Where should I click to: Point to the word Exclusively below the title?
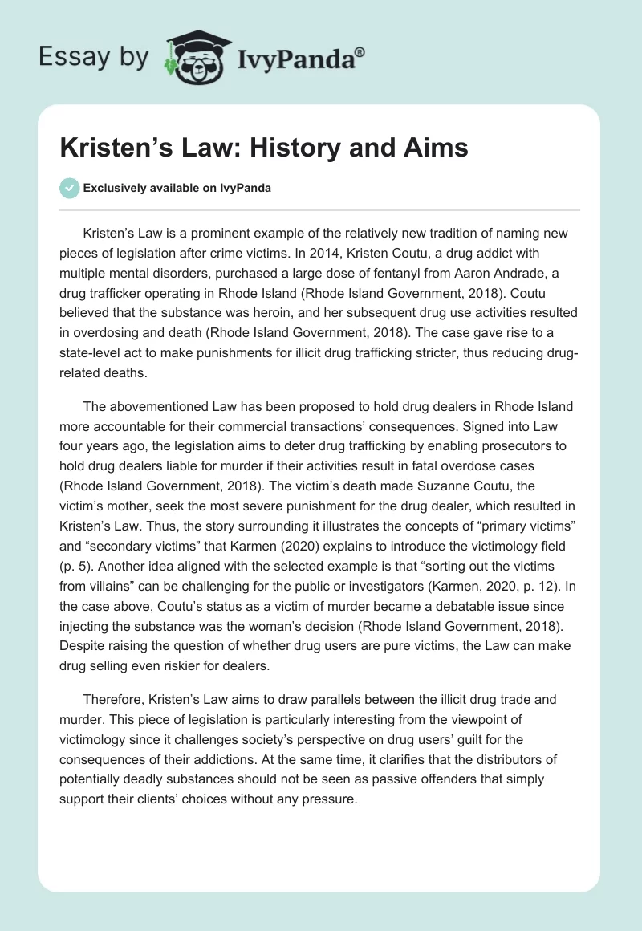click(x=115, y=188)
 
